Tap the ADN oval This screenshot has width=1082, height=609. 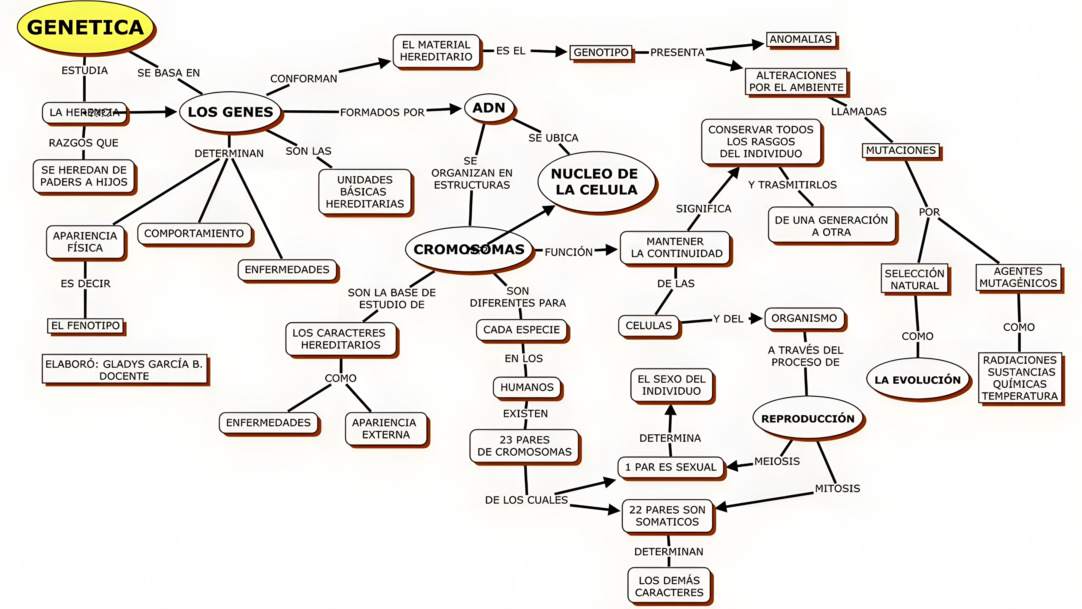pyautogui.click(x=489, y=108)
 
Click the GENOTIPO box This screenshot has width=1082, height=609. pyautogui.click(x=601, y=53)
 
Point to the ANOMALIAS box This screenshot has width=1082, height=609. pyautogui.click(x=801, y=39)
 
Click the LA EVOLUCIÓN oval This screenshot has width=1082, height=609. pyautogui.click(x=917, y=380)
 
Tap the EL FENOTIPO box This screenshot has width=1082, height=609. pyautogui.click(x=86, y=326)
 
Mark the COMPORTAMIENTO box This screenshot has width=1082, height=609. pyautogui.click(x=194, y=234)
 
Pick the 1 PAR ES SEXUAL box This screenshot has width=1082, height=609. pyautogui.click(x=671, y=467)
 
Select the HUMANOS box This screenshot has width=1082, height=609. pyautogui.click(x=527, y=387)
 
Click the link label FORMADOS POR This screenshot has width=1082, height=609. pyautogui.click(x=382, y=113)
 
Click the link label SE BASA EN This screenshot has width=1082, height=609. pyautogui.click(x=168, y=73)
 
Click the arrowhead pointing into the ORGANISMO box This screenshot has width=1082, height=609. pyautogui.click(x=756, y=318)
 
